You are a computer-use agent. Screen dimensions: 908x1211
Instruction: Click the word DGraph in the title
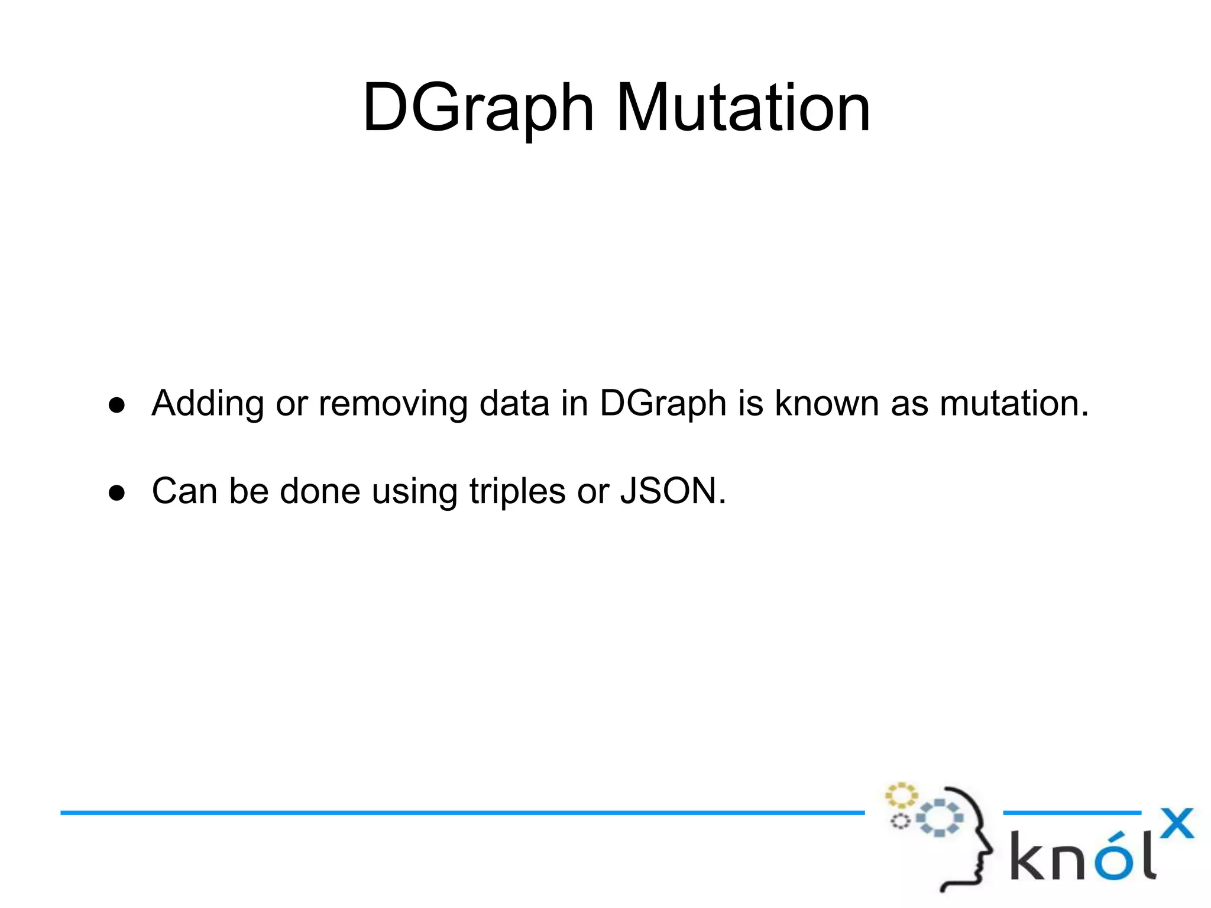478,108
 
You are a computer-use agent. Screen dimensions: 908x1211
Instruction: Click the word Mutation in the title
743,108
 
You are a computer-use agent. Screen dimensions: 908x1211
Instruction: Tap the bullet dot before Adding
117,406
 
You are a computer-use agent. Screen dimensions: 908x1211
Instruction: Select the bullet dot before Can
117,493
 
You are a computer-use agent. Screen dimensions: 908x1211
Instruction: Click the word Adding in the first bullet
208,404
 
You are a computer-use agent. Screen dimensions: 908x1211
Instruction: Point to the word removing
393,404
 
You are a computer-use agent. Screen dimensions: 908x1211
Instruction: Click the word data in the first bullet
514,404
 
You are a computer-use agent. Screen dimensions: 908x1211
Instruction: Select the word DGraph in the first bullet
663,404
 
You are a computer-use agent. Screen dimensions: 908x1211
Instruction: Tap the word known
827,404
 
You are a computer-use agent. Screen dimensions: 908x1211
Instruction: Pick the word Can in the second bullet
184,491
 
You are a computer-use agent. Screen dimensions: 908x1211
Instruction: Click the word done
320,491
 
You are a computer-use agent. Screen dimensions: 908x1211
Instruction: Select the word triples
517,491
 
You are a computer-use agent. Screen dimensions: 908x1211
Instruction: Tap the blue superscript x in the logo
1177,823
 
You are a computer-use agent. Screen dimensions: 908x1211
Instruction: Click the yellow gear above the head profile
901,796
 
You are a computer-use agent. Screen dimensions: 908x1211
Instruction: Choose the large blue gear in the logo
940,818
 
